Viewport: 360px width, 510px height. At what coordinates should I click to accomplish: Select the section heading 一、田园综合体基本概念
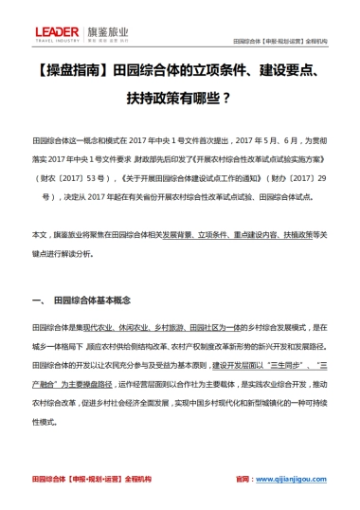(85, 302)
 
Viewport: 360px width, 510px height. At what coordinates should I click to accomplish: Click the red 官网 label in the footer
(245, 479)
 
